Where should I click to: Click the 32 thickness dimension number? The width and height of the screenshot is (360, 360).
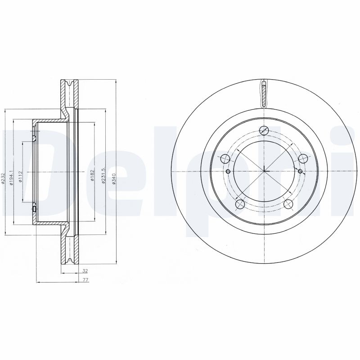point(85,271)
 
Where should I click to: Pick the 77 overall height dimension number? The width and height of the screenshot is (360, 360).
point(85,280)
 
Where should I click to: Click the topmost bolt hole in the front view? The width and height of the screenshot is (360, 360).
point(264,130)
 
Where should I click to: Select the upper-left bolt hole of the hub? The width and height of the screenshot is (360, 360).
point(225,158)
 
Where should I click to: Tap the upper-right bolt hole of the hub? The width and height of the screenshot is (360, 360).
point(303,158)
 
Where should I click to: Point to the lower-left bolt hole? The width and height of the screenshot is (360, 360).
point(240,205)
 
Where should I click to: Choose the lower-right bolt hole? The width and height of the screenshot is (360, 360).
point(288,205)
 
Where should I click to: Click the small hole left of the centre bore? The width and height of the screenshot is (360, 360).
point(228,171)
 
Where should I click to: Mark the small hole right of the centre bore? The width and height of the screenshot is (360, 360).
point(300,171)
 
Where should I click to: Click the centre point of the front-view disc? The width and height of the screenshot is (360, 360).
point(264,171)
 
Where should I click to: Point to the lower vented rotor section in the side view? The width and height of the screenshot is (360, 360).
point(69,250)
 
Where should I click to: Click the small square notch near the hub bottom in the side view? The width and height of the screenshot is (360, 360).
point(35,208)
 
